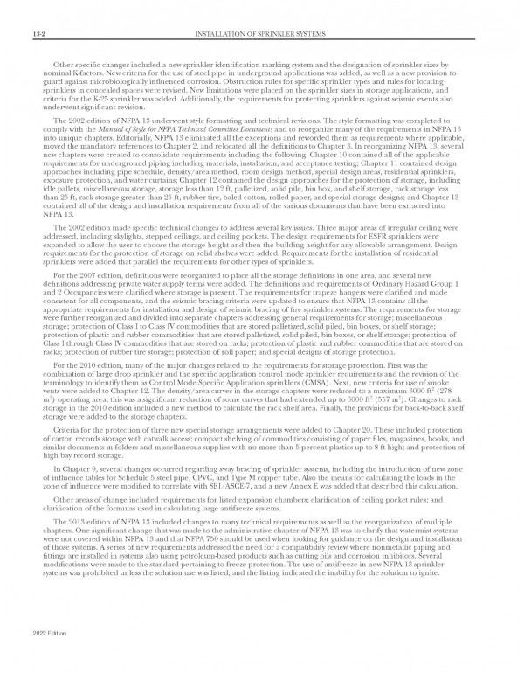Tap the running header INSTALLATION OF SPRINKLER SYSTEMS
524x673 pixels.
261,33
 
